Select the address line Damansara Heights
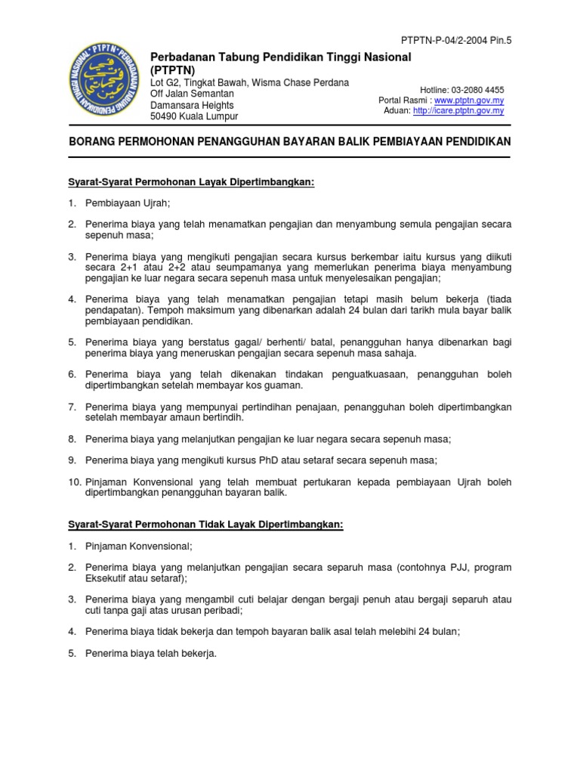(x=193, y=105)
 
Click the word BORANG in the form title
(x=94, y=142)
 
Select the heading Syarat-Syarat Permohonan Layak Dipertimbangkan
(x=190, y=182)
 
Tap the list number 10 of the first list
(x=73, y=481)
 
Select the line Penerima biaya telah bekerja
(x=151, y=654)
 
